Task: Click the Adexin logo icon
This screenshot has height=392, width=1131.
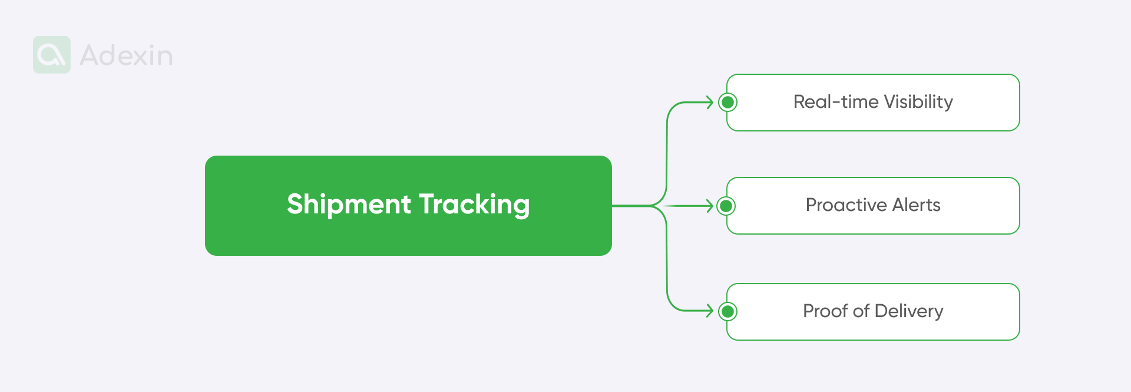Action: pyautogui.click(x=52, y=55)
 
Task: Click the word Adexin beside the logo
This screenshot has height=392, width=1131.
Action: pyautogui.click(x=126, y=55)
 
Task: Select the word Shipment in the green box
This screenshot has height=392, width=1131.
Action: pyautogui.click(x=349, y=205)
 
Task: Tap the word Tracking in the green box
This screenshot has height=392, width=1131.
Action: pyautogui.click(x=474, y=205)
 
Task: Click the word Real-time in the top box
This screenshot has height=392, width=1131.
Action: pyautogui.click(x=836, y=102)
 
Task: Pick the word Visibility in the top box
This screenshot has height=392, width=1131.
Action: pyautogui.click(x=918, y=102)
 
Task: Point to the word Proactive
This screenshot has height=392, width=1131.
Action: pyautogui.click(x=846, y=205)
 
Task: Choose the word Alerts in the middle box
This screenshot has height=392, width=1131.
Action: pyautogui.click(x=916, y=205)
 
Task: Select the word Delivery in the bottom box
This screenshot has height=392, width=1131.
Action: pyautogui.click(x=909, y=311)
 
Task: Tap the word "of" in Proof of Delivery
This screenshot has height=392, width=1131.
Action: pyautogui.click(x=861, y=311)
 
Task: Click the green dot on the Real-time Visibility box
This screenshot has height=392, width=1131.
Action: pyautogui.click(x=727, y=103)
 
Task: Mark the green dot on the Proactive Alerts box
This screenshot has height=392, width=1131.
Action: pyautogui.click(x=727, y=206)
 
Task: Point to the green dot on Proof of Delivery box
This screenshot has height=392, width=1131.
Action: pyautogui.click(x=727, y=311)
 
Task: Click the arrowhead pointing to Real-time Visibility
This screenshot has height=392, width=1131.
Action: pyautogui.click(x=710, y=103)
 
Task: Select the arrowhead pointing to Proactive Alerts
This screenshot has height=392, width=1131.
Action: pyautogui.click(x=710, y=206)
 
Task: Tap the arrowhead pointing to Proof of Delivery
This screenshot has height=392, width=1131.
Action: pyautogui.click(x=710, y=311)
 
